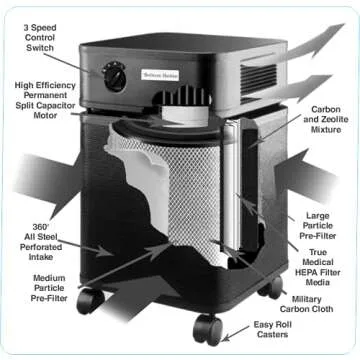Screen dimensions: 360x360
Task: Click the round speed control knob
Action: tap(114, 77)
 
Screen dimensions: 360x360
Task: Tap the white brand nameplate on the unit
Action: tap(160, 75)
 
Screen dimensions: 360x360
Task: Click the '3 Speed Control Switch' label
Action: tap(40, 38)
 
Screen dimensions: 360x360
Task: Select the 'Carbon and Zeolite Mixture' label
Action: tap(326, 119)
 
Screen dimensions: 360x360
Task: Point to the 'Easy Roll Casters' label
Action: tap(272, 329)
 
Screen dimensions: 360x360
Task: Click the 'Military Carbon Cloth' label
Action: tap(306, 304)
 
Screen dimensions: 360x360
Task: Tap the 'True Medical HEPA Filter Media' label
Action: tap(318, 267)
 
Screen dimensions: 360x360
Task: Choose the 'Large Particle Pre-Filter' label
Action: tap(318, 226)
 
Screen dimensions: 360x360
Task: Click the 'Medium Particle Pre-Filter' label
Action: tap(49, 288)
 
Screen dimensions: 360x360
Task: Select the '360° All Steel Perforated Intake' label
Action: tap(41, 242)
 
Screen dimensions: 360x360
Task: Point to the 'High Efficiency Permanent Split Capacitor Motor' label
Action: tap(45, 100)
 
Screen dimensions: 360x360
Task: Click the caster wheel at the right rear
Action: tap(271, 287)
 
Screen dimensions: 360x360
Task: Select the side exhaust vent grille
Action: tap(258, 79)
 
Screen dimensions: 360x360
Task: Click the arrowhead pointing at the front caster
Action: tap(226, 337)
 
